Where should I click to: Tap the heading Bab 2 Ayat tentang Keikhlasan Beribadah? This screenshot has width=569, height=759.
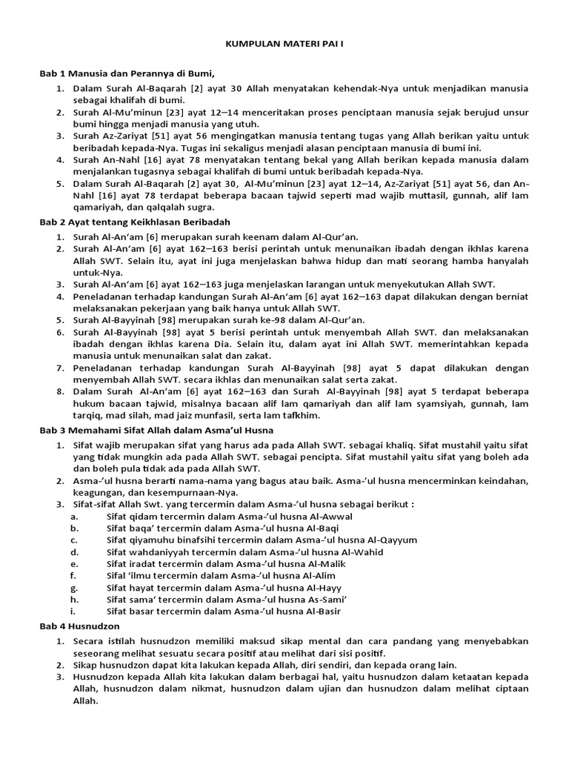point(136,222)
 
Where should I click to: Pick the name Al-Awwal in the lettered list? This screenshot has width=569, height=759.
point(333,516)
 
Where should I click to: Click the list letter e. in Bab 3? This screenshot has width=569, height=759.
point(74,563)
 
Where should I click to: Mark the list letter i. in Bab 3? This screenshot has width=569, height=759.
point(73,611)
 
